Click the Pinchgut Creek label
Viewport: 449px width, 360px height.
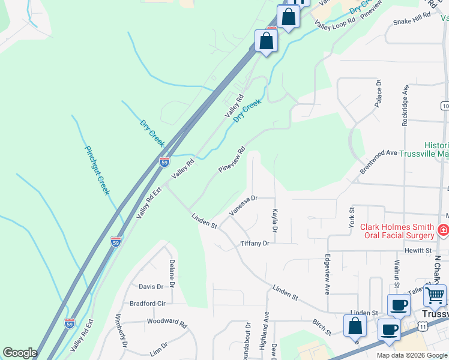(x=97, y=170)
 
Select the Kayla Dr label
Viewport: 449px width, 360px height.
(x=275, y=221)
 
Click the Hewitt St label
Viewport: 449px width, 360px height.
(x=418, y=250)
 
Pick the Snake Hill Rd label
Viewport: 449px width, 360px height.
(x=412, y=19)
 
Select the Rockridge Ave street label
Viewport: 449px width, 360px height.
(x=406, y=105)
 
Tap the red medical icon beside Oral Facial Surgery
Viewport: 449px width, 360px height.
(x=443, y=230)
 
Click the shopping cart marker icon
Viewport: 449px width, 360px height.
(x=435, y=295)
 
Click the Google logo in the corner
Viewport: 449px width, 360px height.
(x=20, y=353)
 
